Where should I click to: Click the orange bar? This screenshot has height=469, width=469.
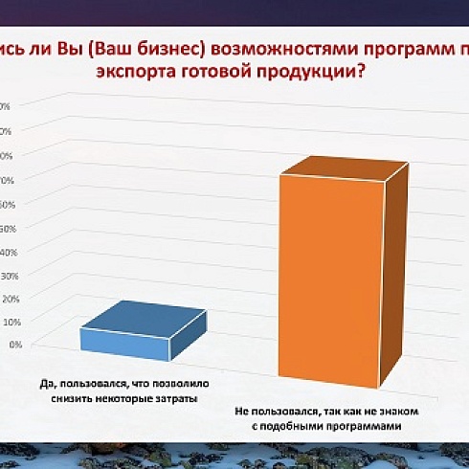coord(335,278)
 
